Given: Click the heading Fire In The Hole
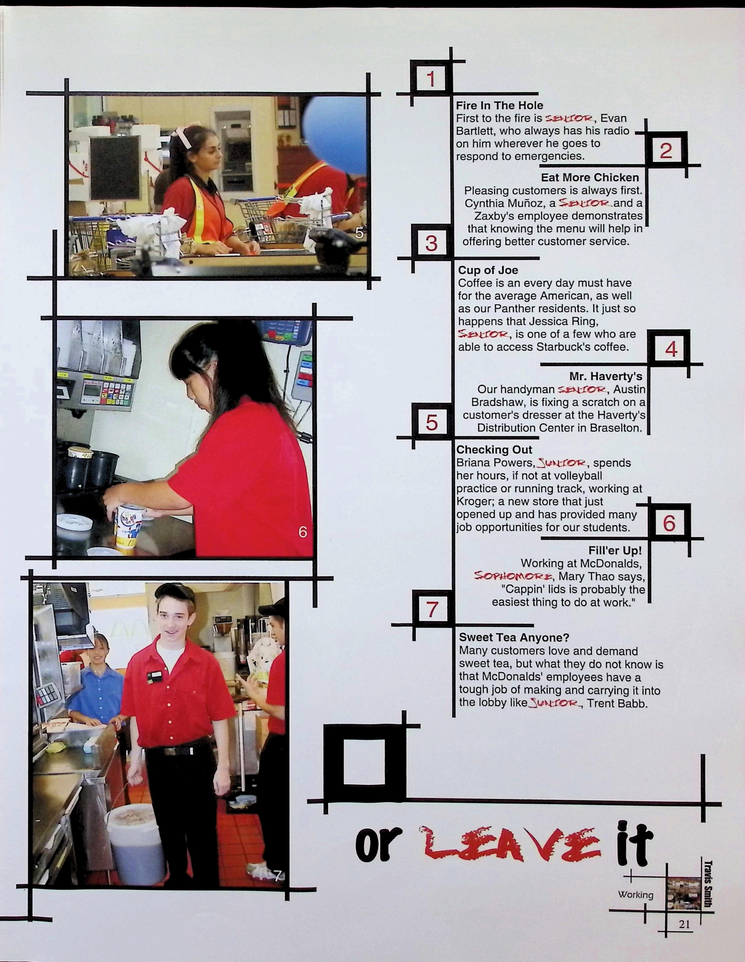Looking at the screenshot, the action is pos(499,106).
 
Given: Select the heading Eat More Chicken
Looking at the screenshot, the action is pos(590,177).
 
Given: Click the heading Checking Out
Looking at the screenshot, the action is pos(494,450).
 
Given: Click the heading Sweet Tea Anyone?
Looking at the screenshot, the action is pos(514,637).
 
